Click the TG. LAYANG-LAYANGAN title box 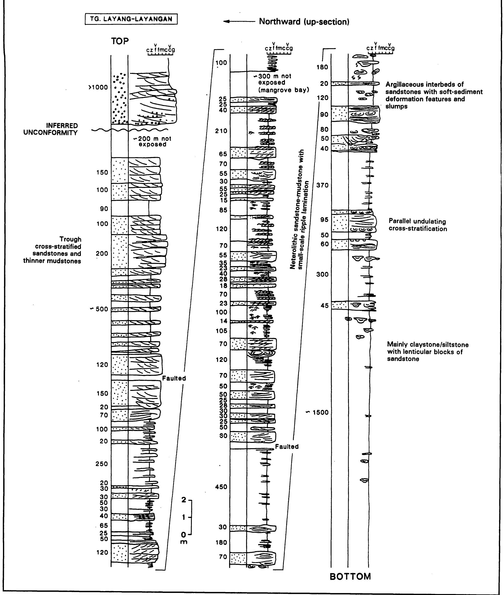[131, 19]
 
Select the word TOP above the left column [120, 41]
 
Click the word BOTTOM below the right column [350, 576]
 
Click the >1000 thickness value [98, 88]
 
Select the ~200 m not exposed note [153, 141]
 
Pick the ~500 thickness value [99, 309]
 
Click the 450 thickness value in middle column [221, 487]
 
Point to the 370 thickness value [323, 185]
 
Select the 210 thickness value [221, 131]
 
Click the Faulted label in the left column [174, 378]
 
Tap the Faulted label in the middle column [287, 447]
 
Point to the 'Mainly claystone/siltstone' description [427, 352]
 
